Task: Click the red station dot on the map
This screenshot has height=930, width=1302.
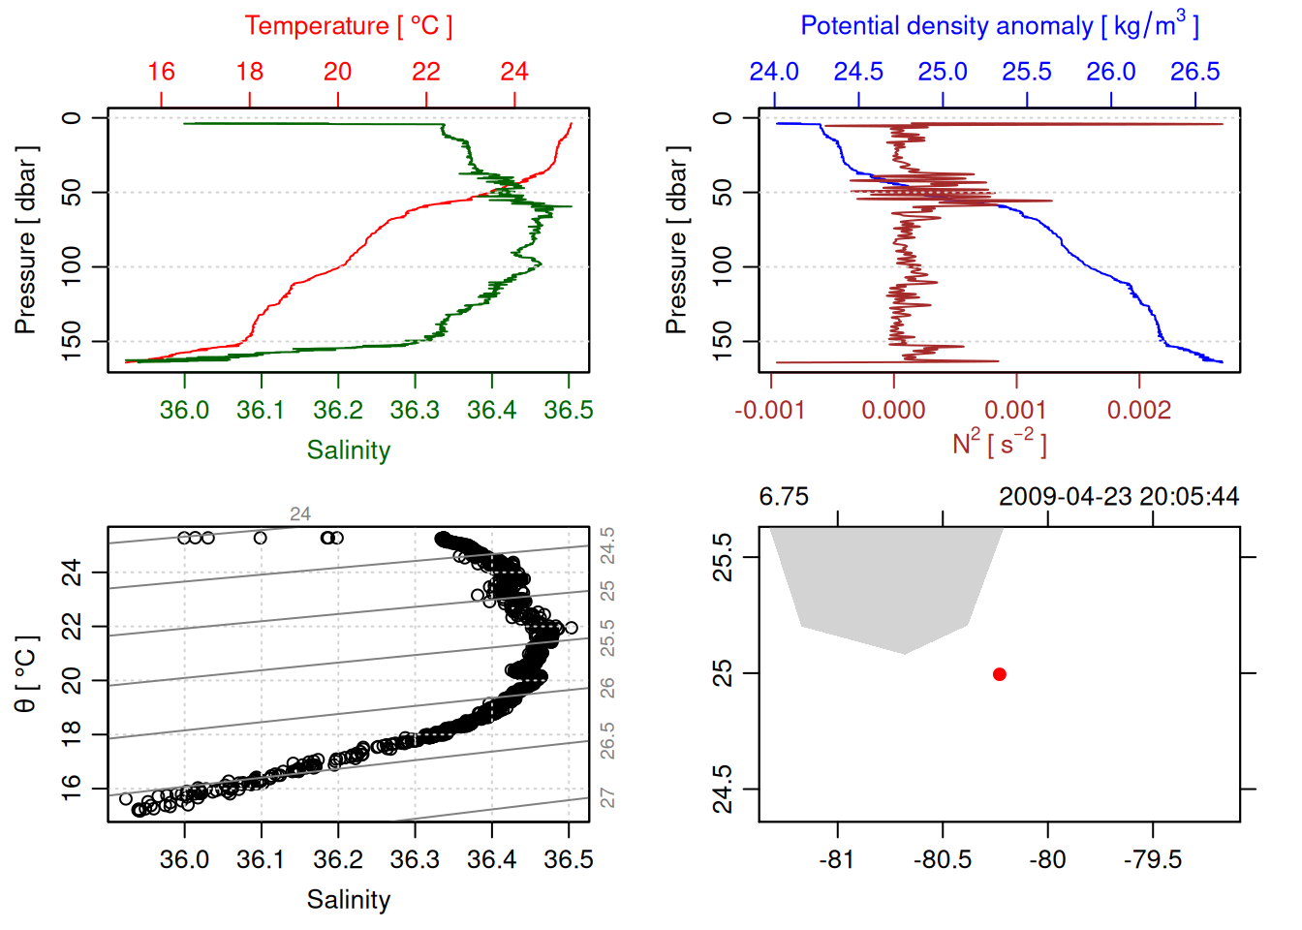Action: pyautogui.click(x=1000, y=674)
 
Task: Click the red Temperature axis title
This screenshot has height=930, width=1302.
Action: pyautogui.click(x=348, y=26)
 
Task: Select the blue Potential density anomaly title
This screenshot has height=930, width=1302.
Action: pyautogui.click(x=999, y=25)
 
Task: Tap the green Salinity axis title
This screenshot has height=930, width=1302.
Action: pyautogui.click(x=349, y=450)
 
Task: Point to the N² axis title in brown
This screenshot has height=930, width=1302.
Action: pyautogui.click(x=999, y=443)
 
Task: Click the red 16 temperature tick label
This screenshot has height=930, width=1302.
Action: pyautogui.click(x=161, y=72)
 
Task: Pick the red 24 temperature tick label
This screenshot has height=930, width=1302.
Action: pyautogui.click(x=514, y=72)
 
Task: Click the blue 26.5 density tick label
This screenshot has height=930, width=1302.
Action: pyautogui.click(x=1194, y=72)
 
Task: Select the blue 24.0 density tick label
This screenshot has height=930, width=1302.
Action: pyautogui.click(x=774, y=72)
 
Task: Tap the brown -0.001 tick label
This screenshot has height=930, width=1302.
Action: pyautogui.click(x=770, y=410)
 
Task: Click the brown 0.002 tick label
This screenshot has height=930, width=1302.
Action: pyautogui.click(x=1139, y=410)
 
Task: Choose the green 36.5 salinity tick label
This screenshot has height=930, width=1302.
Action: pyautogui.click(x=569, y=410)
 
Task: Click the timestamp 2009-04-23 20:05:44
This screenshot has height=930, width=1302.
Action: pyautogui.click(x=1119, y=497)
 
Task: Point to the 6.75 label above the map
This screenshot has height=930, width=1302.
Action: pyautogui.click(x=784, y=497)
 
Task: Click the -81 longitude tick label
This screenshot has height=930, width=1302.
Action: pyautogui.click(x=836, y=859)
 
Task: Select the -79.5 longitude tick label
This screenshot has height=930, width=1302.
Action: pyautogui.click(x=1153, y=859)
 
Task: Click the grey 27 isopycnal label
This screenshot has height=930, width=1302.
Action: pyautogui.click(x=607, y=797)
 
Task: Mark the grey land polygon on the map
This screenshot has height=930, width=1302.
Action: pyautogui.click(x=886, y=581)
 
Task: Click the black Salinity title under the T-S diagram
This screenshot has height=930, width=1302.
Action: pyautogui.click(x=349, y=900)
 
